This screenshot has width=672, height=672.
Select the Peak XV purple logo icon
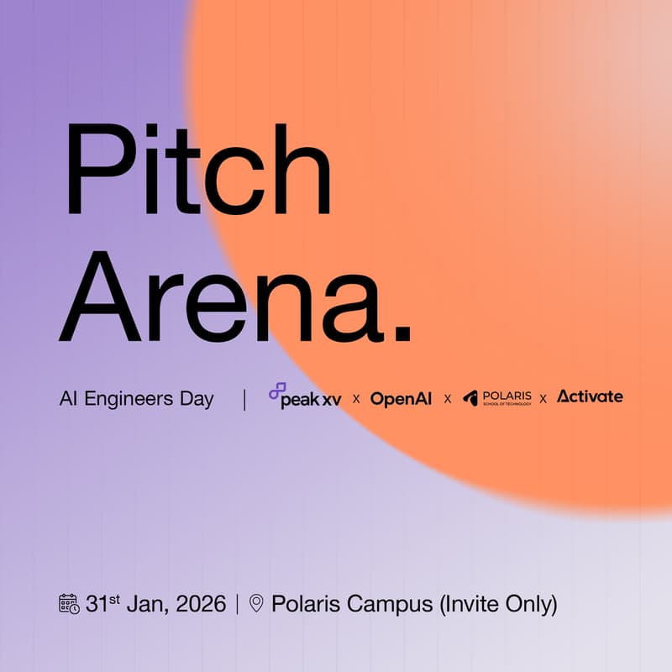coord(276,391)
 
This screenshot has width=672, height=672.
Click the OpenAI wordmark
coord(401,398)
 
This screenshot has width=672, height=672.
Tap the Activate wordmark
coord(590,396)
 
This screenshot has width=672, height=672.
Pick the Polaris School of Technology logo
coord(496,398)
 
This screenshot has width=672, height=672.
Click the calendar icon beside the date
coord(69,603)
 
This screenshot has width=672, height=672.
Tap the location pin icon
coord(256,603)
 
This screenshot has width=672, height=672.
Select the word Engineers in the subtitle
coord(129,399)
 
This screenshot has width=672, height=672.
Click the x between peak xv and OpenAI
coord(356,399)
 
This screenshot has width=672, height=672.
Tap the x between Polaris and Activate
coord(543,399)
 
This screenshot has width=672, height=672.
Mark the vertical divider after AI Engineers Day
coord(244,399)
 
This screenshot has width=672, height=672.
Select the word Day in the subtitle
coord(198,399)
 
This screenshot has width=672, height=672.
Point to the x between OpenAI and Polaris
coord(447,399)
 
